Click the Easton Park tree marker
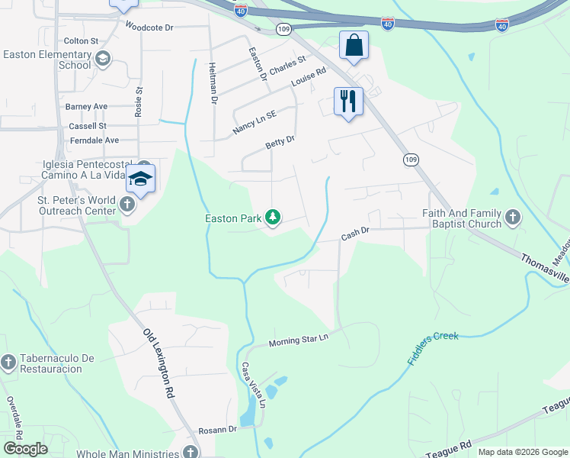(x=273, y=218)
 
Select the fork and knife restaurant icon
(x=348, y=101)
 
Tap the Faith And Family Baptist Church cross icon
(x=513, y=218)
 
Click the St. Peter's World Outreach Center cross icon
(x=127, y=205)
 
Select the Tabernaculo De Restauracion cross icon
(x=8, y=362)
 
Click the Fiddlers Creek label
(x=433, y=347)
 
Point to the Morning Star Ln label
(x=298, y=340)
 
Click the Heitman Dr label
(x=213, y=83)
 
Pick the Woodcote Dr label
(x=149, y=27)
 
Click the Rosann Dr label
(x=218, y=430)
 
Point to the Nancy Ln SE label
(x=255, y=121)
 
